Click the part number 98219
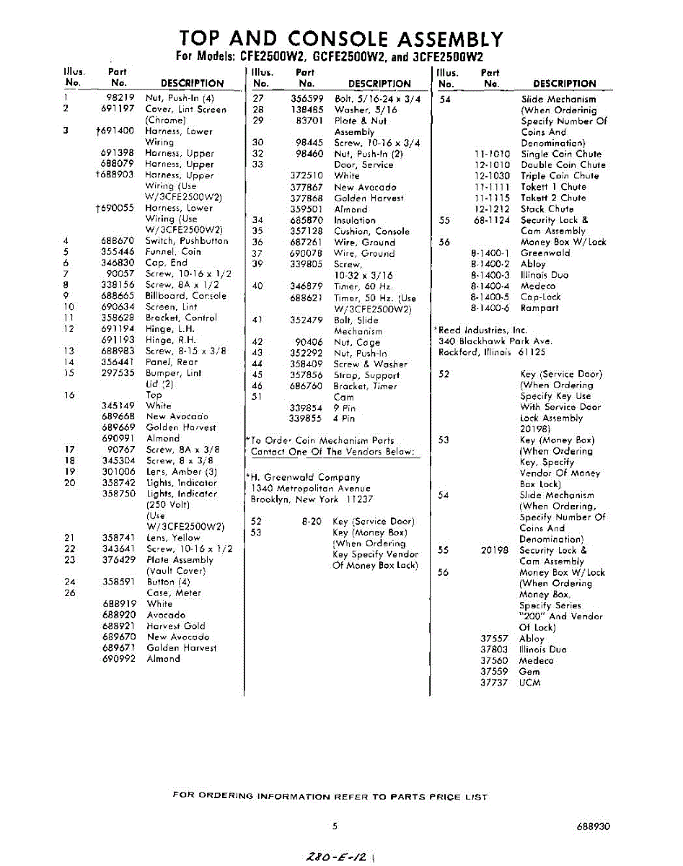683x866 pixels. tap(120, 98)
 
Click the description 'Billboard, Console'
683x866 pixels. tap(185, 296)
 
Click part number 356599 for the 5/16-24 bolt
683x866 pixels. tap(306, 98)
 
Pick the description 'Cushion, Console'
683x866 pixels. tap(371, 231)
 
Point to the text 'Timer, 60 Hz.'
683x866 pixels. tap(362, 287)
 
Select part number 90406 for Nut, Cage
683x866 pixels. tap(309, 342)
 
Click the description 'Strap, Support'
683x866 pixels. tap(363, 375)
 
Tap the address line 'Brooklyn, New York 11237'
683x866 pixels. tap(312, 499)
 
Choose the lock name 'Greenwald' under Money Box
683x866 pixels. tap(545, 253)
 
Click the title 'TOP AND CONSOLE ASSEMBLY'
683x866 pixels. tap(340, 39)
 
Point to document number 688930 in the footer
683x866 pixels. tap(593, 826)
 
